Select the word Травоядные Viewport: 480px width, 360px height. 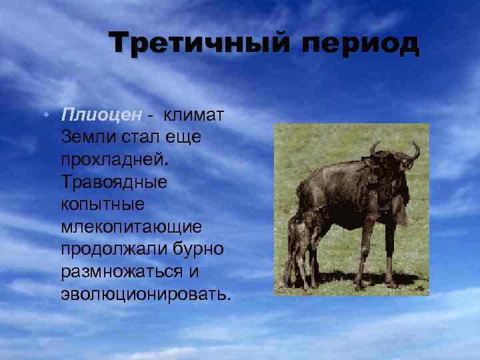(x=113, y=181)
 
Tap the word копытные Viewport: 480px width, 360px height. (x=97, y=204)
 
